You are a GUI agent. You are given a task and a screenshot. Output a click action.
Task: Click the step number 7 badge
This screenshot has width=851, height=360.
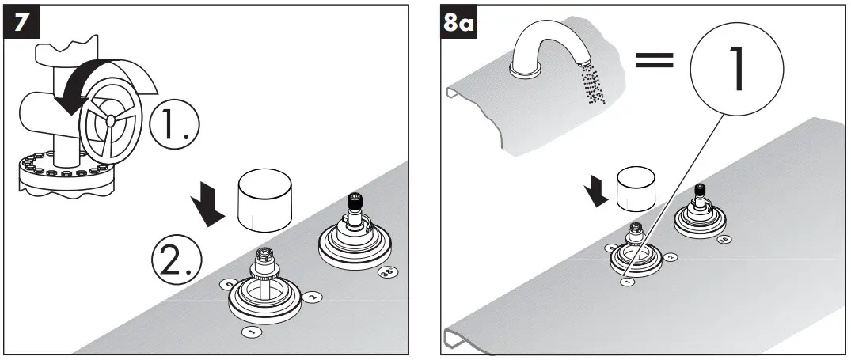[25, 23]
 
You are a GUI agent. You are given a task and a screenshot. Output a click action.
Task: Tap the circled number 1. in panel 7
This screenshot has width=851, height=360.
[175, 124]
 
